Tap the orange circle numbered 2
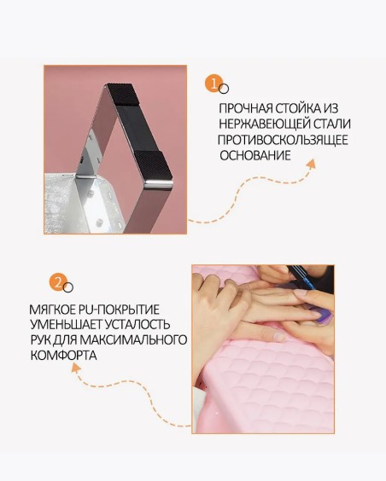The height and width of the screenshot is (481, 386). point(58,282)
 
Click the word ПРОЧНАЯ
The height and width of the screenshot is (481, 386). point(246,108)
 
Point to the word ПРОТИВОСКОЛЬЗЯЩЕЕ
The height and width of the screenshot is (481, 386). point(283,140)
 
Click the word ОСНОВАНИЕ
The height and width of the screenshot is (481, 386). point(255,155)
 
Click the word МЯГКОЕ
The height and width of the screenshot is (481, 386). point(52,310)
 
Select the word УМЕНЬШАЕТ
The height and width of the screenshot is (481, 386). point(66,325)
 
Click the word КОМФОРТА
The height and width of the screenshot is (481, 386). point(63,356)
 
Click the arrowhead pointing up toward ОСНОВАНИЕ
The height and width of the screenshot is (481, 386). point(311,165)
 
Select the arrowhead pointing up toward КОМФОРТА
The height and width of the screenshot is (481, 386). point(76,368)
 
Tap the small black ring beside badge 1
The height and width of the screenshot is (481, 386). point(224,89)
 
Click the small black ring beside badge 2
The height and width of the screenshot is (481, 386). point(68,287)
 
